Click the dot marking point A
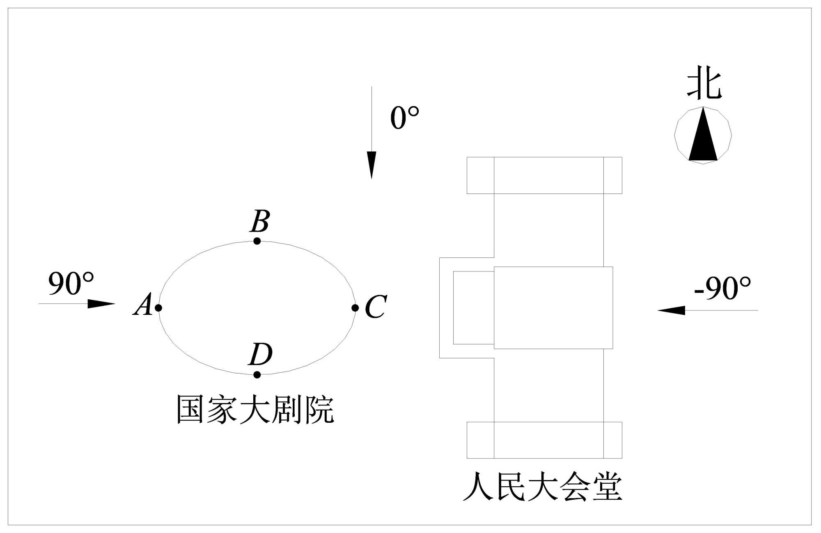tap(158, 307)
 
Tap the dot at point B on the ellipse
tap(257, 241)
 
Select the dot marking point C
tap(355, 307)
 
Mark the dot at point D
tap(257, 374)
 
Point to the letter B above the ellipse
tap(260, 221)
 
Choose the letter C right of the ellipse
tap(376, 306)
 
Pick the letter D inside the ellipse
tap(261, 354)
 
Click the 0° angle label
tap(404, 118)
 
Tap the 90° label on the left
tap(71, 283)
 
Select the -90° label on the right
tap(722, 288)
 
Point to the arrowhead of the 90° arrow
tap(101, 304)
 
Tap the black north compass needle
tap(703, 137)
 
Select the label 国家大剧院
tap(255, 409)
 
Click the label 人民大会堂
tap(542, 487)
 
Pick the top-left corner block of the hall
tap(480, 175)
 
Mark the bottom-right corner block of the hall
tap(612, 440)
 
